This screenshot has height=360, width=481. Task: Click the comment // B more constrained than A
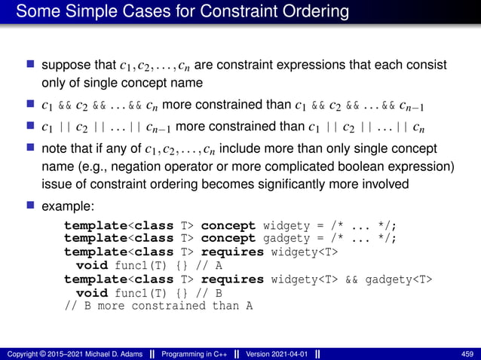[x=158, y=306]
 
